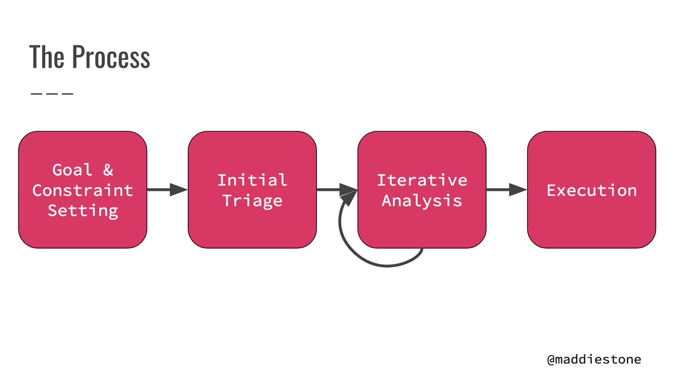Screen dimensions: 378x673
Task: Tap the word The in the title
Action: click(48, 57)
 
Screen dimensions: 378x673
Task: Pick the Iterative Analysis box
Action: click(422, 224)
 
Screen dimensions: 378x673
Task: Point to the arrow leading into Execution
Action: click(506, 190)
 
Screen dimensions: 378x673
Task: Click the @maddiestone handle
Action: click(594, 359)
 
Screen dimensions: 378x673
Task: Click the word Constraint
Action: click(82, 190)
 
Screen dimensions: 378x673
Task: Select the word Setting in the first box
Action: click(82, 211)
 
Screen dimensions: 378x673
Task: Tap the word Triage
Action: click(252, 200)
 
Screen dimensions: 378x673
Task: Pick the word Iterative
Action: click(422, 180)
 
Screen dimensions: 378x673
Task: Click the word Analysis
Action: click(422, 200)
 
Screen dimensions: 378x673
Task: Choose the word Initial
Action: click(252, 180)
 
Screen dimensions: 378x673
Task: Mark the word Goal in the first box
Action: click(72, 170)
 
